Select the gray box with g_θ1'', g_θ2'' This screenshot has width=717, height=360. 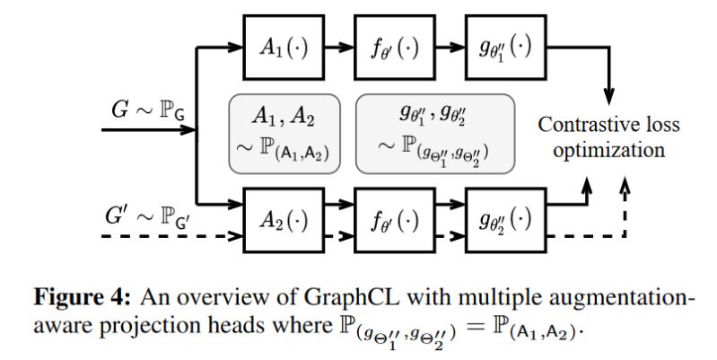pos(437,133)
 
